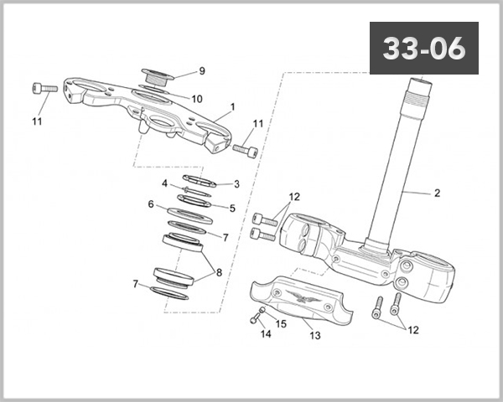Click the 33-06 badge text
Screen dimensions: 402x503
coord(423,49)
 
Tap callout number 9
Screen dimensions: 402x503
coord(201,70)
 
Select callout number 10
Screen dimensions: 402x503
coord(196,99)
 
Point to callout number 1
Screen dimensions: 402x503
coord(232,107)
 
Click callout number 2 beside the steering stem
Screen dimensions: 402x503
coord(437,193)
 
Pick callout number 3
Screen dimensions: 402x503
coord(236,183)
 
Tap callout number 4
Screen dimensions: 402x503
coord(165,183)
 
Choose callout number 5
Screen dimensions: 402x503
coord(232,208)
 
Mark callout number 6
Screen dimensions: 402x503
coord(151,204)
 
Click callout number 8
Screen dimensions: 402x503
coord(219,272)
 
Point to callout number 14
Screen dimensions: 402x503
coord(265,334)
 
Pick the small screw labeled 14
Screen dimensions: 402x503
coord(254,317)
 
